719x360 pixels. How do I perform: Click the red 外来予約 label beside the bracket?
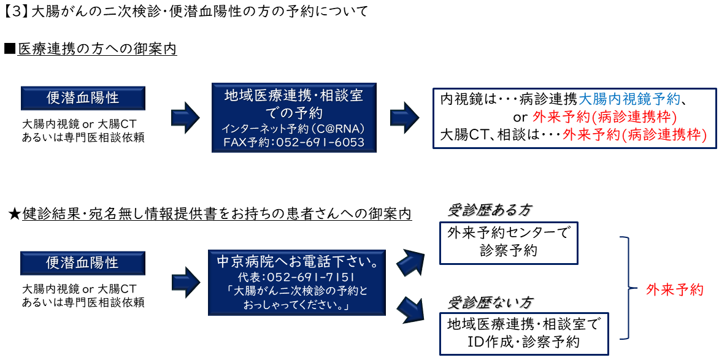tap(675, 289)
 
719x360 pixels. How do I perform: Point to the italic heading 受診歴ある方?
tap(489, 210)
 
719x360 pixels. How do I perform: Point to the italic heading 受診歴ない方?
tap(489, 302)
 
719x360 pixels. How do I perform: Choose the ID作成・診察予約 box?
tap(524, 333)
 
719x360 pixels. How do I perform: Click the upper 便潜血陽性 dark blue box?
tap(83, 98)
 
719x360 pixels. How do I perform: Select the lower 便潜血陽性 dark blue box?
tap(83, 263)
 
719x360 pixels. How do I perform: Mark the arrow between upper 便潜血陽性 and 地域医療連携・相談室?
tap(185, 116)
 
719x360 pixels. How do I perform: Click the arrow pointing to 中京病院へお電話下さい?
tap(185, 281)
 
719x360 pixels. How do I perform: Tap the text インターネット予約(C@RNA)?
tap(294, 129)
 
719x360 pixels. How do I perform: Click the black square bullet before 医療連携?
tap(9, 48)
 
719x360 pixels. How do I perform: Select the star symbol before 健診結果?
tap(14, 214)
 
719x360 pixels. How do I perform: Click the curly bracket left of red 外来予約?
tap(626, 288)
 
